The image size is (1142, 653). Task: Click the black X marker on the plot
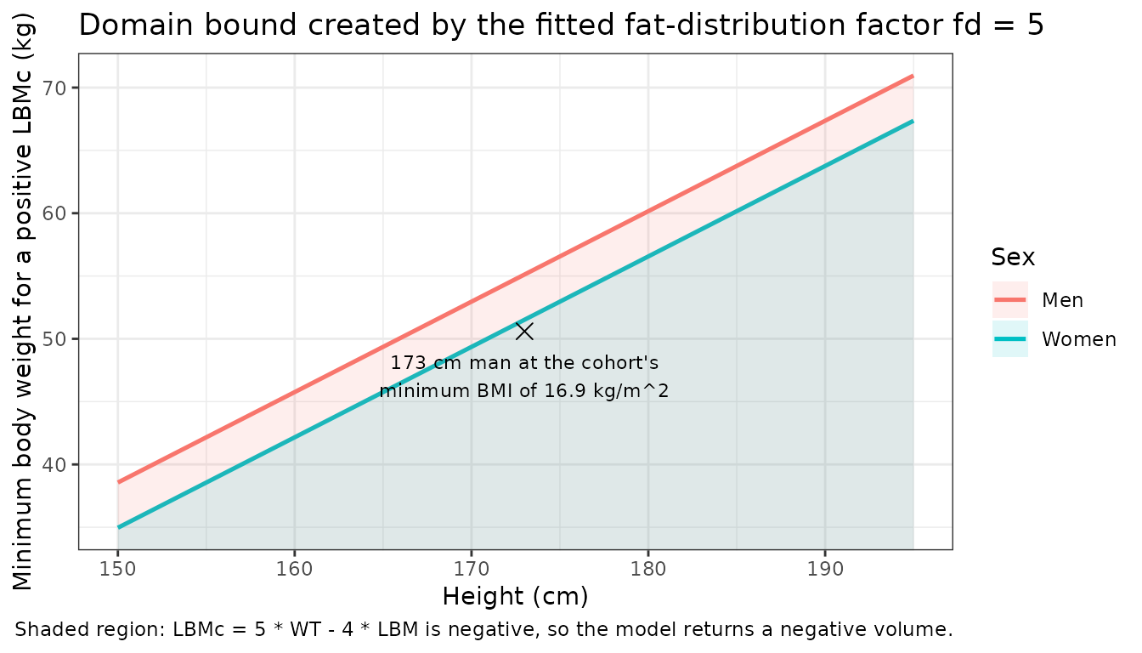524,332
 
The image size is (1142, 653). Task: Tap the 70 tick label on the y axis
54,88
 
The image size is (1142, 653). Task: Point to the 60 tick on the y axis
54,213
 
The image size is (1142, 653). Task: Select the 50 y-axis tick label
54,339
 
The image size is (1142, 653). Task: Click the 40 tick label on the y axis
54,465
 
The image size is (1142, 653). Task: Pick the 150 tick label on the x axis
118,569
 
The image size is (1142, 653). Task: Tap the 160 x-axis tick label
294,569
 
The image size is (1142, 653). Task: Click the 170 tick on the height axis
471,569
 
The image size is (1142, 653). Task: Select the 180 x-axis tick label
648,569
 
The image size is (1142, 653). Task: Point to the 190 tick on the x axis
825,569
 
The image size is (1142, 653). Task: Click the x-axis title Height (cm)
516,597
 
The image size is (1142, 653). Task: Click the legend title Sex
1013,257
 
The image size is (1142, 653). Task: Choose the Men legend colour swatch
1010,300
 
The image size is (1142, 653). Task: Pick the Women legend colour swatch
1010,339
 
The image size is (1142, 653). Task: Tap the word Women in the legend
1079,340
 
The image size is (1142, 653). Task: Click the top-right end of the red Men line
913,76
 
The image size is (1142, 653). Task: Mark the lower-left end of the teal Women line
118,527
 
